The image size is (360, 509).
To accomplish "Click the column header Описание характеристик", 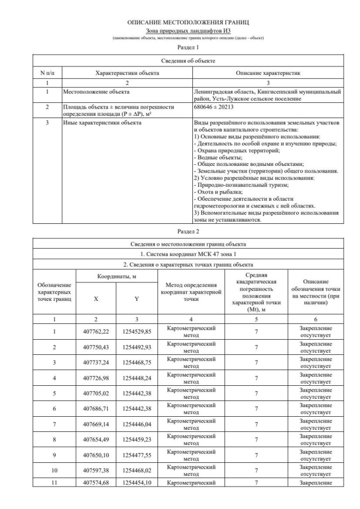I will pyautogui.click(x=268, y=73).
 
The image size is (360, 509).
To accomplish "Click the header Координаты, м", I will pyautogui.click(x=115, y=276).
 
